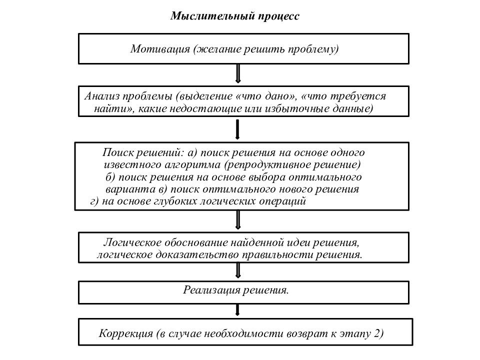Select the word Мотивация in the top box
point(160,49)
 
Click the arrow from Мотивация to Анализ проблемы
point(238,73)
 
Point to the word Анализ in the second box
point(102,96)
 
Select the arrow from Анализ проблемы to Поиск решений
point(237,129)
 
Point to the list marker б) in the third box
point(110,177)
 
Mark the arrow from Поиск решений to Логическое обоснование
point(238,220)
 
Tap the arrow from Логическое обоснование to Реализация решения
point(238,270)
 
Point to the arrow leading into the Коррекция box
point(237,310)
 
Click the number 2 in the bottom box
point(376,333)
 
